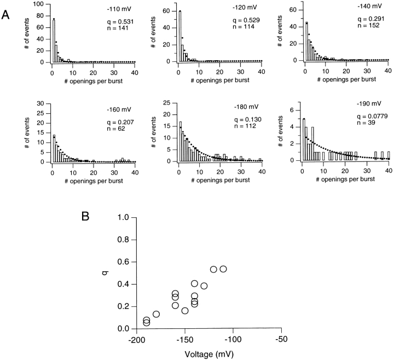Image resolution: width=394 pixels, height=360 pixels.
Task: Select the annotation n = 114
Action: [x=224, y=31]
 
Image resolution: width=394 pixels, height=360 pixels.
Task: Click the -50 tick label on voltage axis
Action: [x=281, y=339]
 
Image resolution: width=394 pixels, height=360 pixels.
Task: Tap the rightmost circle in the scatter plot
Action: [x=223, y=269]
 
